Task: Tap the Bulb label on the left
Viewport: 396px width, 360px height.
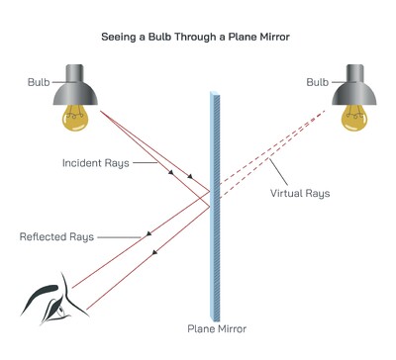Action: coord(39,82)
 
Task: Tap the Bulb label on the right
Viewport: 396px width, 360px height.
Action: coord(319,82)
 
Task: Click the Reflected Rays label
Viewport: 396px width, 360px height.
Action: coord(55,237)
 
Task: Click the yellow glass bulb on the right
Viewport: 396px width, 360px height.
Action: coord(356,118)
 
